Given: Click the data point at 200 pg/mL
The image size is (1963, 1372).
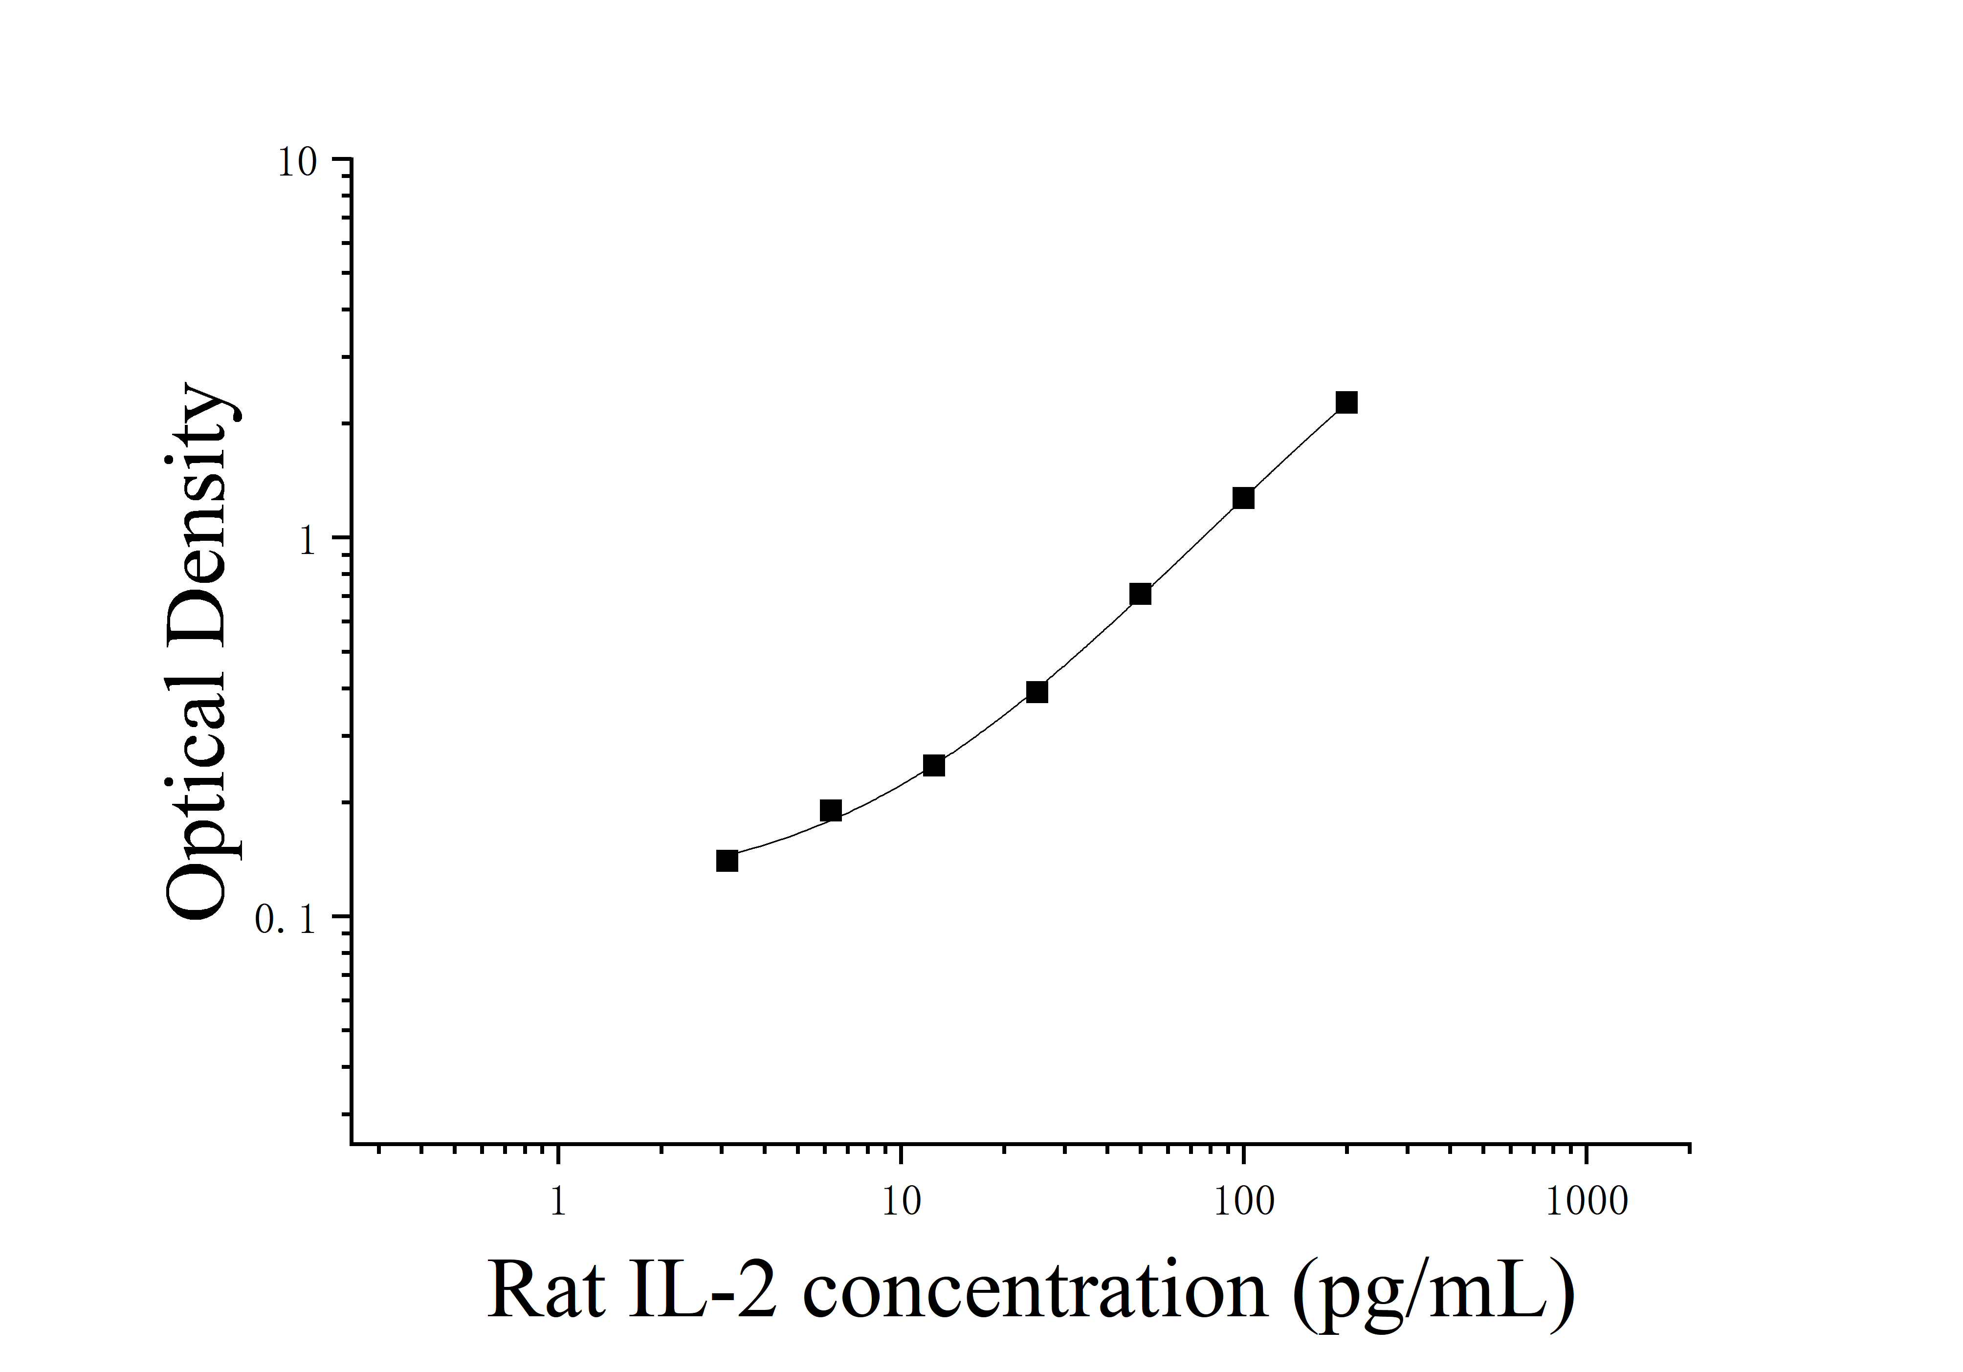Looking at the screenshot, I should click(x=1346, y=402).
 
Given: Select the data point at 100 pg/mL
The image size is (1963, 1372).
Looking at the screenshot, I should click(x=1243, y=498).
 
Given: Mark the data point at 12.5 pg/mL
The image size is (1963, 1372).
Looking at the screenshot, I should click(x=934, y=765).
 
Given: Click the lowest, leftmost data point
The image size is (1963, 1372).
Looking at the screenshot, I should click(x=727, y=860).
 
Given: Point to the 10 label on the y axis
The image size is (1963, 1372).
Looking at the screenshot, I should click(x=297, y=162).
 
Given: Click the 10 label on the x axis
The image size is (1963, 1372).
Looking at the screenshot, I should click(x=900, y=1202).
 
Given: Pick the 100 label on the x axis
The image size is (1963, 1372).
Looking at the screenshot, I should click(x=1244, y=1202).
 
